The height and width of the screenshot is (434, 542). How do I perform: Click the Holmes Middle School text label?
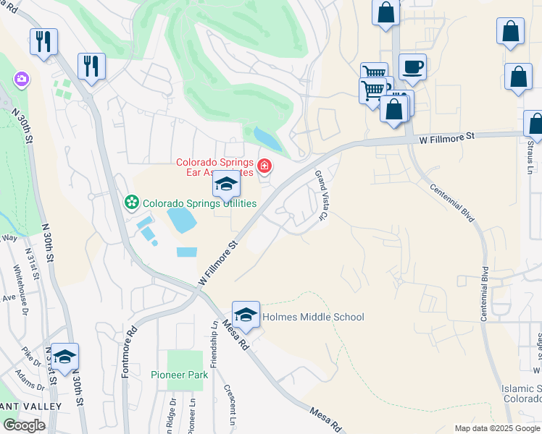(x=313, y=317)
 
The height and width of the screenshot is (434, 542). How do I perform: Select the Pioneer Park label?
(x=179, y=375)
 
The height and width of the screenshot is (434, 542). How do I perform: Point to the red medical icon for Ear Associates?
(x=264, y=167)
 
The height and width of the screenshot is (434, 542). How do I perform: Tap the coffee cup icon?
(x=412, y=67)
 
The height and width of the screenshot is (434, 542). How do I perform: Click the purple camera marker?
(x=21, y=78)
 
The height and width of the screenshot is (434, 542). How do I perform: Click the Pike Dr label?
(x=31, y=353)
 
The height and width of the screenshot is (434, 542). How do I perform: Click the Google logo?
(x=24, y=425)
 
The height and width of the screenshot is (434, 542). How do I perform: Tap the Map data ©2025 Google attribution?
(x=496, y=428)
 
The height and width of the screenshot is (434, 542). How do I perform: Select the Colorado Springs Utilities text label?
(x=199, y=203)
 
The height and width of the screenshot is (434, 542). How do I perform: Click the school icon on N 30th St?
(x=64, y=357)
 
